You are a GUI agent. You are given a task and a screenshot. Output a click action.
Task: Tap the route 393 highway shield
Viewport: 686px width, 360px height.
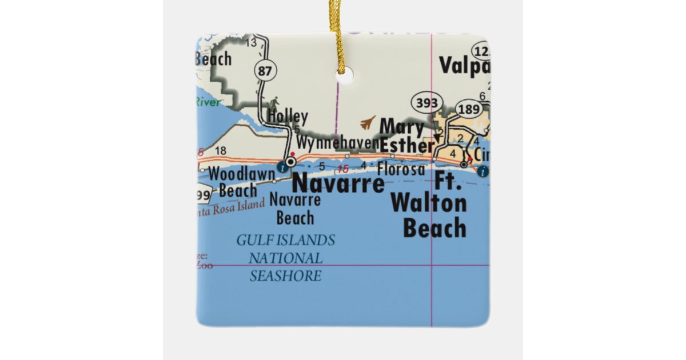pos(426,103)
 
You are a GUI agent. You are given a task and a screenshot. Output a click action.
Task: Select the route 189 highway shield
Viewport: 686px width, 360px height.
pos(468,109)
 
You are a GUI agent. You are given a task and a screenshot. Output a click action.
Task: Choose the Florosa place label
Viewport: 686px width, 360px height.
pos(401,169)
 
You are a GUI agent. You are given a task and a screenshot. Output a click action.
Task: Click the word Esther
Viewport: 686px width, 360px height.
pos(407,146)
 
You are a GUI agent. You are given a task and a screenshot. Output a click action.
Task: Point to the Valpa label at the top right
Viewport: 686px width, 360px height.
pos(464,66)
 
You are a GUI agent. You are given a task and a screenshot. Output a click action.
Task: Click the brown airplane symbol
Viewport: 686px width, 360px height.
pos(368,123)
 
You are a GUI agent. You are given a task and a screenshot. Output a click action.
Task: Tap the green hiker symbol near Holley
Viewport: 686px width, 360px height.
pos(276,103)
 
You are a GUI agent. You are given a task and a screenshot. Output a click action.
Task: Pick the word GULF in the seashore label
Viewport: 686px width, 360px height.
pos(255,240)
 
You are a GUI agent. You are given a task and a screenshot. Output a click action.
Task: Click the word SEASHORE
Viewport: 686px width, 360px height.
pos(285,277)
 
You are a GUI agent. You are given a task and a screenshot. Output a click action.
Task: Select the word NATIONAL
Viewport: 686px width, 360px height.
pos(285,258)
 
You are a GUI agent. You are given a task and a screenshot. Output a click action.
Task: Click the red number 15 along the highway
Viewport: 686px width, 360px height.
pos(343,169)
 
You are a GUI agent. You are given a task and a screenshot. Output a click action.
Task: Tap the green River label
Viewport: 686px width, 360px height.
pos(208,102)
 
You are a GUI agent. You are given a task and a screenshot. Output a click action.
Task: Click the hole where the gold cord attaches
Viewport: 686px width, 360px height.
pos(345,76)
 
